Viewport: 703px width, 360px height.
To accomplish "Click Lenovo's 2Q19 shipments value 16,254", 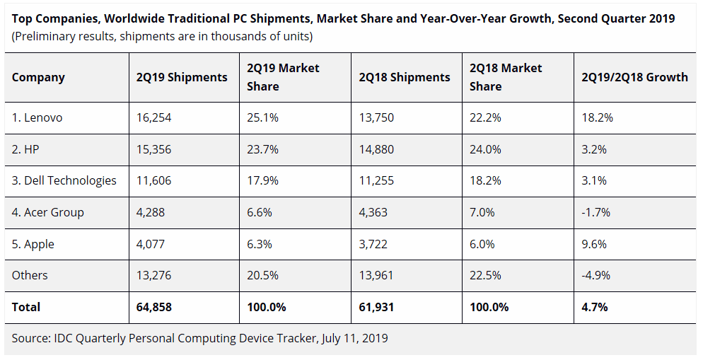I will click(153, 117).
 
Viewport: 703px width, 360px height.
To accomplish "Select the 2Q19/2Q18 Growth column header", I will click(634, 77).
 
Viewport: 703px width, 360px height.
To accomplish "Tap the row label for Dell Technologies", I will click(64, 180).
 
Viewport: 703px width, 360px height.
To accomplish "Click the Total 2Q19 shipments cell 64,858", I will click(154, 307).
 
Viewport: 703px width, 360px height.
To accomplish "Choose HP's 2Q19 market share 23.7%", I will click(262, 149).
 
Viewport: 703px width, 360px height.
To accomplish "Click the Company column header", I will click(38, 77).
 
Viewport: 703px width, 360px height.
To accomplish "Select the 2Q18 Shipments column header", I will click(404, 77).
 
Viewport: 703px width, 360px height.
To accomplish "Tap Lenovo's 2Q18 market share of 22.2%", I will click(485, 117).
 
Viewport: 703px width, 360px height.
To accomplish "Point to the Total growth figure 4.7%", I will click(593, 307).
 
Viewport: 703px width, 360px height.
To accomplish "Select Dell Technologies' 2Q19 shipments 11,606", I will click(153, 180).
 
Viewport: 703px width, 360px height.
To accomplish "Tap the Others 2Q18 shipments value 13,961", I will click(376, 275).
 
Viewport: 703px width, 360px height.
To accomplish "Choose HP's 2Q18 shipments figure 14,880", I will click(376, 149).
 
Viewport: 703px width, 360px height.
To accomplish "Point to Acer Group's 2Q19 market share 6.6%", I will click(260, 212).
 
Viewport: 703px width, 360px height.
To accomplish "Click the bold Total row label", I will click(26, 307).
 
